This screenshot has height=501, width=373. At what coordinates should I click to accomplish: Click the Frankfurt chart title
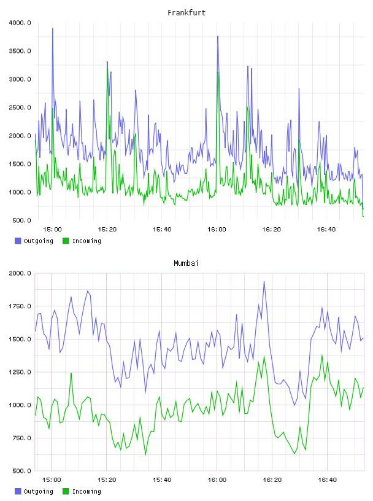[x=186, y=13]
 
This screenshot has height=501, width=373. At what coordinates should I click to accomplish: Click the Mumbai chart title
[x=186, y=263]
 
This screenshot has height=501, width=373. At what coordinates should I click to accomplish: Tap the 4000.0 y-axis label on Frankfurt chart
[x=20, y=23]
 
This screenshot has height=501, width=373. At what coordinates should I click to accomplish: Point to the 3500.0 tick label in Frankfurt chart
[x=20, y=51]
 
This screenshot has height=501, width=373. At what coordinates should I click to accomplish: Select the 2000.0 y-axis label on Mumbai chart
[x=20, y=273]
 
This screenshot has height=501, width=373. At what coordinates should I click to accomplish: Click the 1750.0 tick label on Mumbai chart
[x=20, y=306]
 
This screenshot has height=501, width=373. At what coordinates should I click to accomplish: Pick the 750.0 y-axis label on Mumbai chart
[x=21, y=438]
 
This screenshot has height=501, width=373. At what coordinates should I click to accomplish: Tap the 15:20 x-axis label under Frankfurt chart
[x=107, y=230]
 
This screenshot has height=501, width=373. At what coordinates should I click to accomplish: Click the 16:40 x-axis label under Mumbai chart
[x=328, y=480]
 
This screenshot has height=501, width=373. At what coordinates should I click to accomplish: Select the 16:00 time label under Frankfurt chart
[x=217, y=230]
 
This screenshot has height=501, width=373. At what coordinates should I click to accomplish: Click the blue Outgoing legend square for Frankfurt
[x=18, y=241]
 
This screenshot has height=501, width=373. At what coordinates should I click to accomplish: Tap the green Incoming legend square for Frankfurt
[x=66, y=241]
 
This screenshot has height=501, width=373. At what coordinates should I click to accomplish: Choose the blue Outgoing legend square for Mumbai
[x=18, y=491]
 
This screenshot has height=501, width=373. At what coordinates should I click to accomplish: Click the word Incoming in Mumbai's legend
[x=87, y=492]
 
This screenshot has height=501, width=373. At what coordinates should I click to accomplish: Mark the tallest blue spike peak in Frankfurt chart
[x=53, y=28]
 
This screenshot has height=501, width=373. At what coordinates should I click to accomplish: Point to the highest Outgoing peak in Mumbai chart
[x=264, y=281]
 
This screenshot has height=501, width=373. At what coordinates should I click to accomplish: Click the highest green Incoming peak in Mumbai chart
[x=322, y=355]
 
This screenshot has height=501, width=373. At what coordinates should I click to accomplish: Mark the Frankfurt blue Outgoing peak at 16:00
[x=218, y=36]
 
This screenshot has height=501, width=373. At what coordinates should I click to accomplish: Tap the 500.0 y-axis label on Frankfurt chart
[x=21, y=220]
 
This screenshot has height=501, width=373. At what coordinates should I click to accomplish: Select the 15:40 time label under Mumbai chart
[x=162, y=480]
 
